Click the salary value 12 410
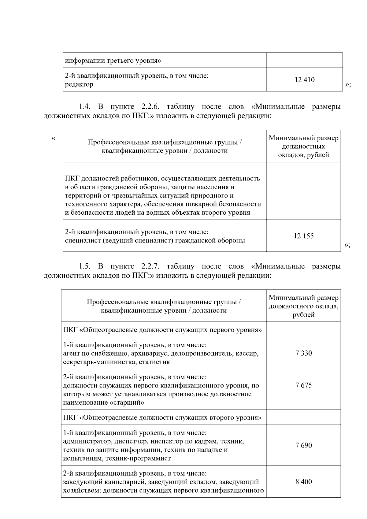pos(304,80)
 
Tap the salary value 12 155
pos(303,236)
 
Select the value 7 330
pos(303,353)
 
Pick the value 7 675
pos(303,385)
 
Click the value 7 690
pos(303,445)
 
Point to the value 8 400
pos(303,482)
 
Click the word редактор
pos(79,84)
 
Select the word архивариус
pos(150,354)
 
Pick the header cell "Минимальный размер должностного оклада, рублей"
pos(303,306)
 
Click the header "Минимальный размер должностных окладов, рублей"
pos(303,146)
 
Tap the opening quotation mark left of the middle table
pos(54,139)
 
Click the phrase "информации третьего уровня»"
pos(113,61)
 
